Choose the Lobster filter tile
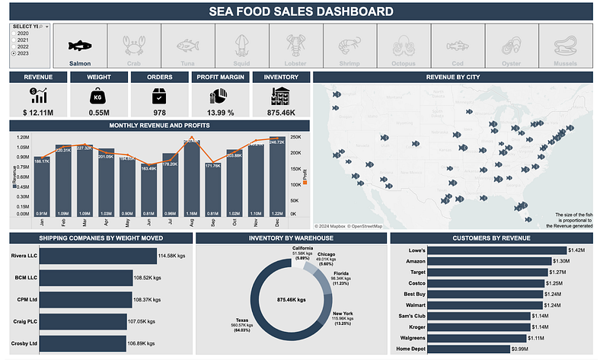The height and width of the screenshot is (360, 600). point(296,46)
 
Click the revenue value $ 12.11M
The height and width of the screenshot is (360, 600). point(37,113)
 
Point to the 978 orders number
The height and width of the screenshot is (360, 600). point(159,113)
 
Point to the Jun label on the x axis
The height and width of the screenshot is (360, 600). point(148,224)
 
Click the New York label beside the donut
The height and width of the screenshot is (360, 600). point(343,314)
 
